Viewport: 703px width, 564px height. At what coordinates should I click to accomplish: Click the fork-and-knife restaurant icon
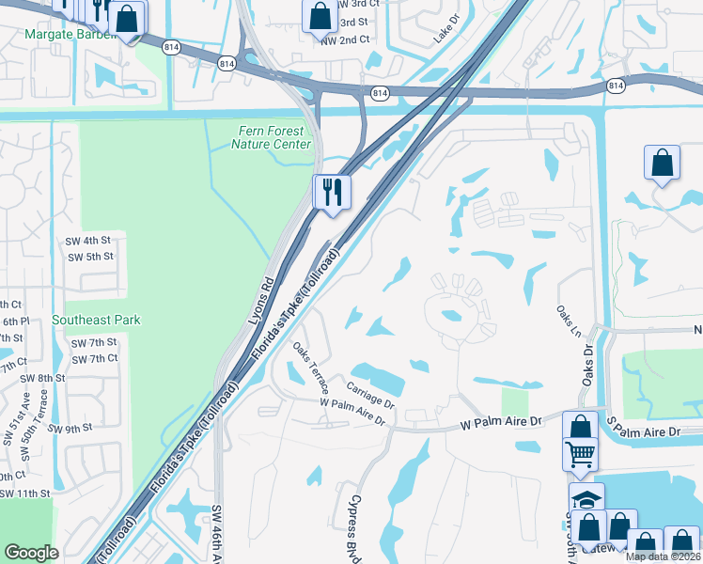[332, 192]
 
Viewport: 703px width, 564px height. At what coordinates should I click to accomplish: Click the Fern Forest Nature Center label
[272, 138]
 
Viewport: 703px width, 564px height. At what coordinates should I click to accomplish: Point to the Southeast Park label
[96, 320]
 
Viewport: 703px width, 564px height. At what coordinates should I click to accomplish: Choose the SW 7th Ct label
[94, 358]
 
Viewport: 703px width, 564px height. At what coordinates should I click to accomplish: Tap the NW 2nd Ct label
[345, 40]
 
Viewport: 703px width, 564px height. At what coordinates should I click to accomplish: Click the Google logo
[31, 553]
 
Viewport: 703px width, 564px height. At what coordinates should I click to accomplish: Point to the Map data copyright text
[663, 556]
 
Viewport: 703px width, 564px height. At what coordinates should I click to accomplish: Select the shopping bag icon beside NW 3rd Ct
[319, 16]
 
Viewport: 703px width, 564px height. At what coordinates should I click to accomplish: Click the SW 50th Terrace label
[30, 441]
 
